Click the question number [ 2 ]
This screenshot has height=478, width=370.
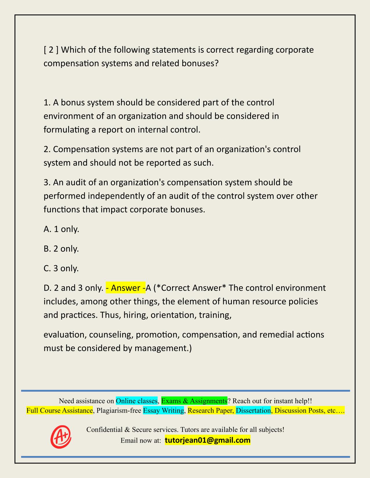[x=51, y=50]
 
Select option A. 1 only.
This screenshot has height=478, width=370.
[x=61, y=229]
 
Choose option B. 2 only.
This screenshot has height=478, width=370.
[x=61, y=249]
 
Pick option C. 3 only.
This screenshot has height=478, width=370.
[x=61, y=268]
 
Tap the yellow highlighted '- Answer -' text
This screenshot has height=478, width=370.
[x=125, y=288]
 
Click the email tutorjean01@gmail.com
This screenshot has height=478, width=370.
[x=207, y=440]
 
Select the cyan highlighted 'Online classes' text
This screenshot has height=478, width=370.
[x=136, y=401]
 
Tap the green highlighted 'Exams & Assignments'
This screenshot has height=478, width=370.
[x=194, y=401]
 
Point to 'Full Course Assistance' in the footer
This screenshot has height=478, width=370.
[x=59, y=411]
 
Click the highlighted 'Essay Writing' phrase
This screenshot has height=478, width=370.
[x=163, y=411]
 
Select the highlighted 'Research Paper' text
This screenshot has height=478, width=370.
[x=211, y=411]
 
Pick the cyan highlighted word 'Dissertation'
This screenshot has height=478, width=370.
[x=253, y=411]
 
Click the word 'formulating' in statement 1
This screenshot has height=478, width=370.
[x=66, y=129]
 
